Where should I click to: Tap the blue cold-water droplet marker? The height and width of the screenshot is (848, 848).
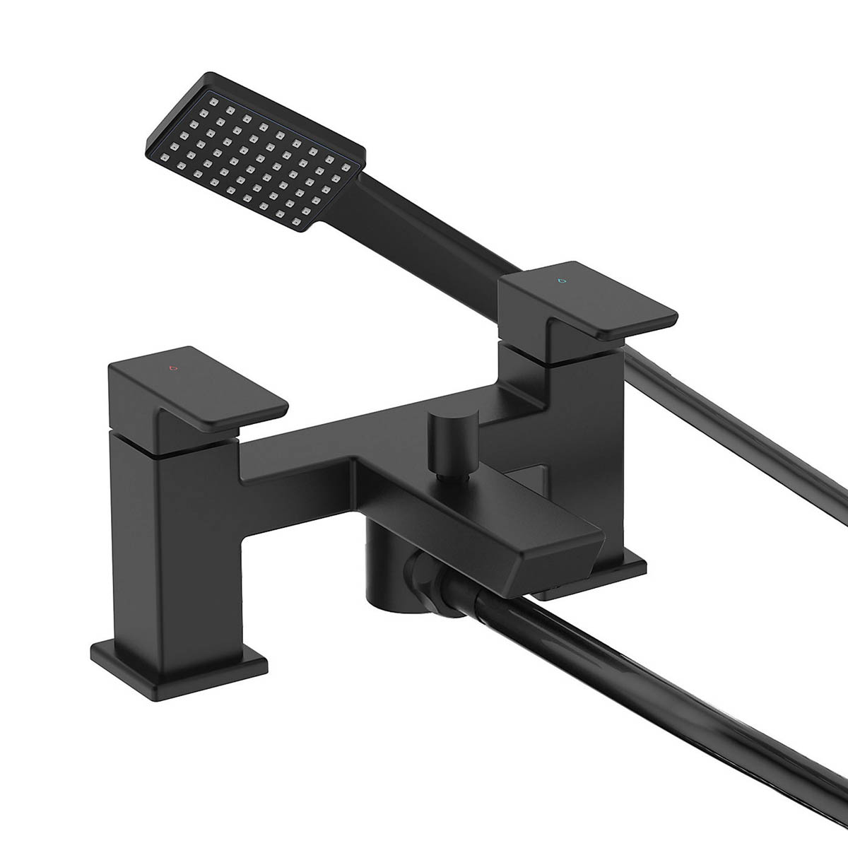pyautogui.click(x=562, y=280)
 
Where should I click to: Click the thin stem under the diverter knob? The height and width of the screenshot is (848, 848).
pyautogui.click(x=444, y=476)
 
